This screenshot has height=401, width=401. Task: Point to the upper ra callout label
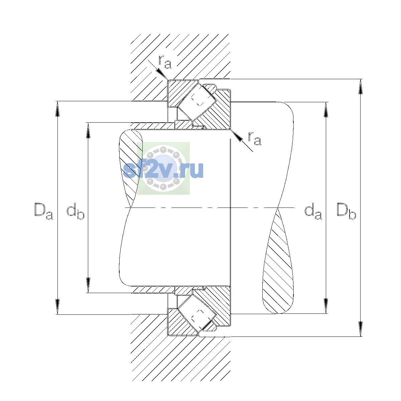[x=165, y=62]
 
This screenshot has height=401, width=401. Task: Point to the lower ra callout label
[x=255, y=138]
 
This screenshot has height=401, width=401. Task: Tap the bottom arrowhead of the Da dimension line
[x=57, y=307]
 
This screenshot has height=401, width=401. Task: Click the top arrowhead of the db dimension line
[x=88, y=130]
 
